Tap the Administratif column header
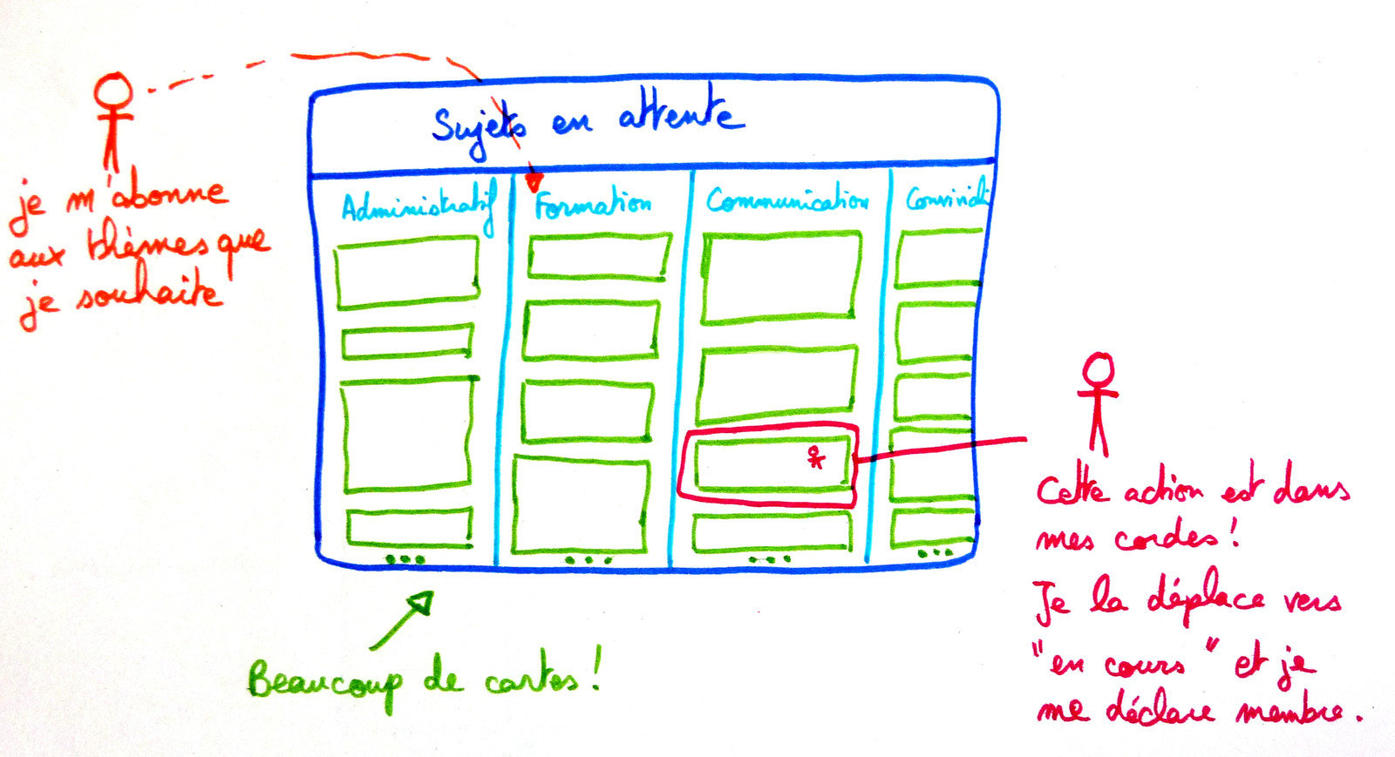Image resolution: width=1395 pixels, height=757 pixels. [418, 207]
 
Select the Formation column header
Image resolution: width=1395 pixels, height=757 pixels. [593, 205]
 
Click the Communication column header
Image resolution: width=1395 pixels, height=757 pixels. [787, 200]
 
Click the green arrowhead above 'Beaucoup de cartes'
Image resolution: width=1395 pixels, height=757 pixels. [422, 602]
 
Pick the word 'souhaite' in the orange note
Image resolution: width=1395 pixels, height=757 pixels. [148, 294]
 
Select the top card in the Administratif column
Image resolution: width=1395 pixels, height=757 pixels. [406, 272]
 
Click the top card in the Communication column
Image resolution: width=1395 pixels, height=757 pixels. [781, 278]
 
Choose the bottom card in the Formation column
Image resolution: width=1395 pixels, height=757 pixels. [580, 504]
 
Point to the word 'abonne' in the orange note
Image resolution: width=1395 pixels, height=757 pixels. [170, 193]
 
